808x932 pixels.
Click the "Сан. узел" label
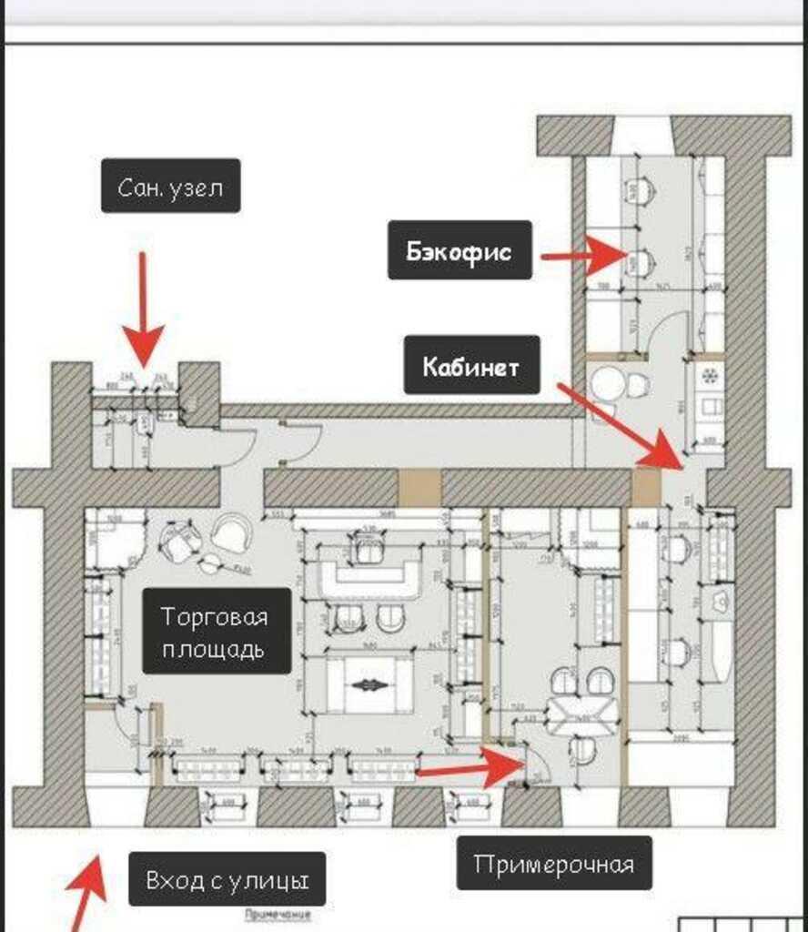170,187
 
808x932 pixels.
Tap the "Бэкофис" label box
460,250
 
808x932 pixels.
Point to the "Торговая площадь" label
216,631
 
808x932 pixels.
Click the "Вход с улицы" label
227,878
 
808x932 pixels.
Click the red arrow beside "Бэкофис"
582,255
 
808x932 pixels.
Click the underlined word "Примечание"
278,914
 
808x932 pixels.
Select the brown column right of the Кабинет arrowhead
646,487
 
